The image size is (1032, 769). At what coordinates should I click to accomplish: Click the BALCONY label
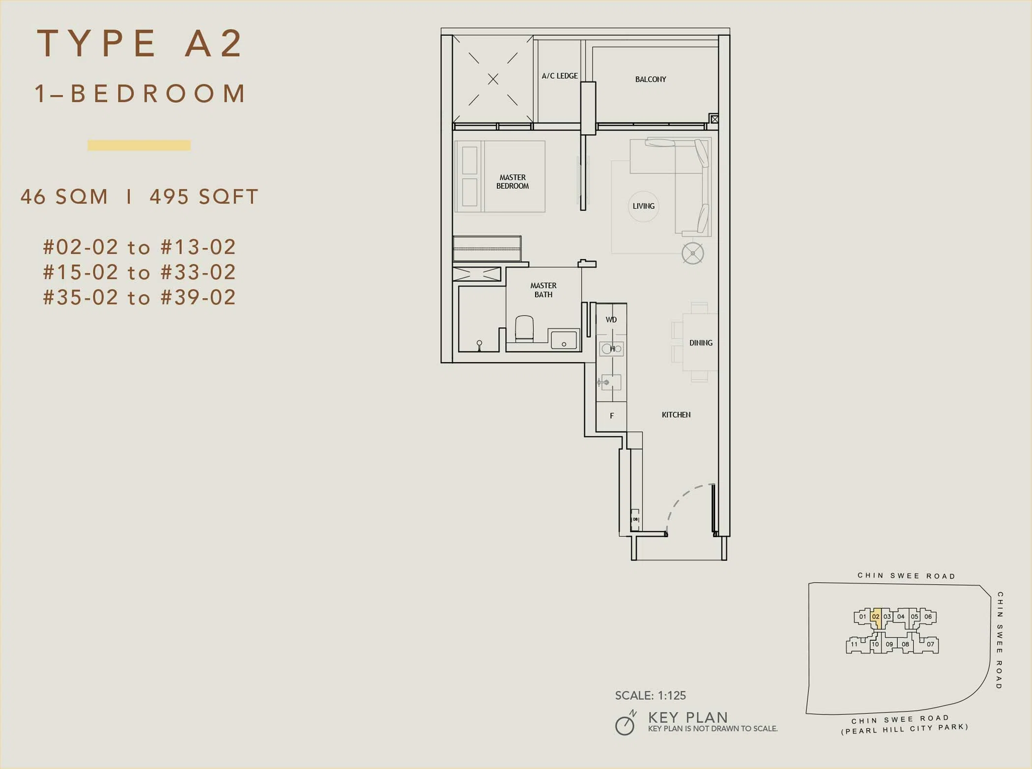pos(650,79)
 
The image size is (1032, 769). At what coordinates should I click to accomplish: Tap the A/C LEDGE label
pos(560,76)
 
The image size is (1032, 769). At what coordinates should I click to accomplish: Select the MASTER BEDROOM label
pos(513,181)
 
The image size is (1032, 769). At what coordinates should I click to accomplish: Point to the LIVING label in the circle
pos(643,206)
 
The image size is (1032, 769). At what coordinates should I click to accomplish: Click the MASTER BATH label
pos(543,290)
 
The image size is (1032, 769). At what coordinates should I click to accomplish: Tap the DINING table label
pos(701,342)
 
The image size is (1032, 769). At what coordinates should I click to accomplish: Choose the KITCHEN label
pos(676,415)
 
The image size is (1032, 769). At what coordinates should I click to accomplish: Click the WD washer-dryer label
pos(611,319)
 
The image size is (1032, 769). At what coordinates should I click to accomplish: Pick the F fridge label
pos(612,416)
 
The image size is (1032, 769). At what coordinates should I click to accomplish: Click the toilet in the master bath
pos(524,328)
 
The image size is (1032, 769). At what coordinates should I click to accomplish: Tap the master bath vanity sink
pos(564,340)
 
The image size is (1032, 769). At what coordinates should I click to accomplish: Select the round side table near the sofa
pos(692,254)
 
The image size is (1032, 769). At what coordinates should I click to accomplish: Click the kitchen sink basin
pos(611,382)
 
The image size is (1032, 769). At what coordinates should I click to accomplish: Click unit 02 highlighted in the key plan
pos(876,619)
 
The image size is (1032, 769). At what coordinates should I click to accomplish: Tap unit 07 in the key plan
pos(930,644)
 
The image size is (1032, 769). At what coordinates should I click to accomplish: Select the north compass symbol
pos(626,723)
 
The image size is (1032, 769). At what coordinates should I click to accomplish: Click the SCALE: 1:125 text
pos(650,695)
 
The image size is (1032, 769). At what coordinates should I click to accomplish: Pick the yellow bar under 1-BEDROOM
pos(139,145)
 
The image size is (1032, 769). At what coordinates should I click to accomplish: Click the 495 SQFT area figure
pos(204,197)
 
